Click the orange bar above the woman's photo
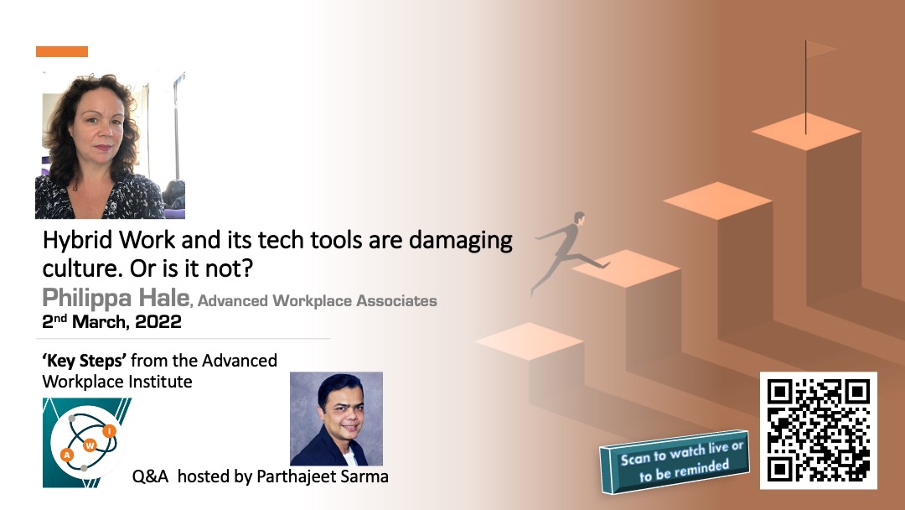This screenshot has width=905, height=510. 62,51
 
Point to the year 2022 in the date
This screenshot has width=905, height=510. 158,322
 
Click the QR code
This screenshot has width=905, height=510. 819,430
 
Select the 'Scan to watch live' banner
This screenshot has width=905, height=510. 675,461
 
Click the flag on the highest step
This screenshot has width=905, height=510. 820,49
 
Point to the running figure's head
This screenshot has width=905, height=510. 579,218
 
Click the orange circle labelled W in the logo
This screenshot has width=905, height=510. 90,446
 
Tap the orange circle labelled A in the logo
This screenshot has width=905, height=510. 67,455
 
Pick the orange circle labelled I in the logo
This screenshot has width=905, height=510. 109,431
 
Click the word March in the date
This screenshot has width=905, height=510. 101,322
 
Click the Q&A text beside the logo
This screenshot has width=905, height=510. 150,476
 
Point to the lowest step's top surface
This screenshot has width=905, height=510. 530,341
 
